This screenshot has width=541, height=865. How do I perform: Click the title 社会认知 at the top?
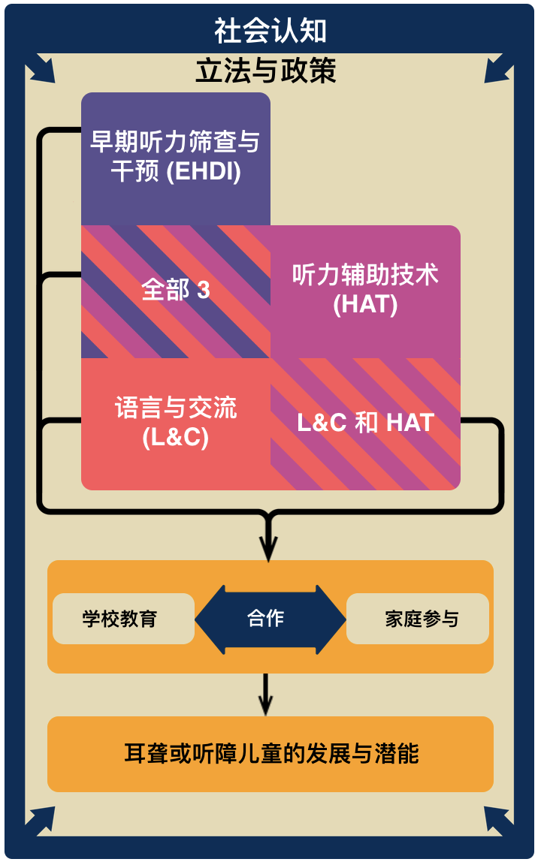(270, 32)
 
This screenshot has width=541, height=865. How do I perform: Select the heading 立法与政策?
(265, 71)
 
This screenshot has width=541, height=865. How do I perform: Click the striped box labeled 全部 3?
(175, 291)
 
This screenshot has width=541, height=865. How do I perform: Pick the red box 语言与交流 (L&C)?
(175, 423)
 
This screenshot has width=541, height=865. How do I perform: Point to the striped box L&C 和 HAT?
(365, 423)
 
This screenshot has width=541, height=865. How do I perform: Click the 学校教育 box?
(120, 619)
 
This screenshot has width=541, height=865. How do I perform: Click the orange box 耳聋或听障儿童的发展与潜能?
(270, 753)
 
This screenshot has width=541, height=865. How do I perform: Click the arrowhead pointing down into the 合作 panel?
(267, 549)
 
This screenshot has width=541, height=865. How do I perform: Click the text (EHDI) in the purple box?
(204, 172)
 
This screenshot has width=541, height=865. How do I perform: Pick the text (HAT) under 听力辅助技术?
(365, 306)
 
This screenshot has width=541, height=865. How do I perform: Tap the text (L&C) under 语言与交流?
(175, 438)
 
